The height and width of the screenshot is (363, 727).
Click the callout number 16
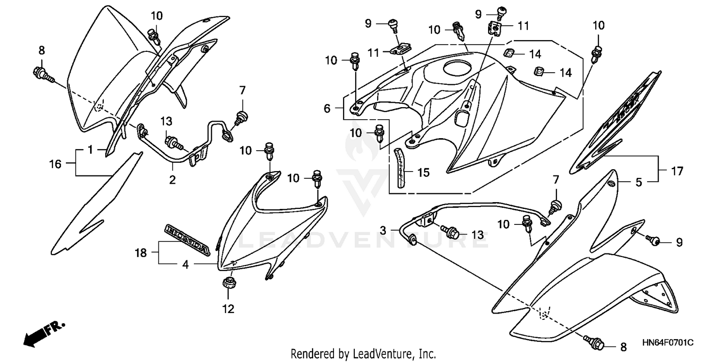click(55, 164)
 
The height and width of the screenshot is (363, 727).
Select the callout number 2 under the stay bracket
click(172, 180)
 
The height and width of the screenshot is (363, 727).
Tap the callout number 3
click(383, 231)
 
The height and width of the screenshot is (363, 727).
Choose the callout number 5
click(639, 183)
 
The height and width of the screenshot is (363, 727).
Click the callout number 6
click(327, 109)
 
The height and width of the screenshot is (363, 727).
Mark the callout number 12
click(228, 309)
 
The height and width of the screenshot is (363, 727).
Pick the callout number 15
click(423, 173)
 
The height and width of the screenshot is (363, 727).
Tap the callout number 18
click(141, 252)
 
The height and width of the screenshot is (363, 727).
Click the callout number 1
click(90, 150)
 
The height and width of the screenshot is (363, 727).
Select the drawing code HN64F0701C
click(667, 343)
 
